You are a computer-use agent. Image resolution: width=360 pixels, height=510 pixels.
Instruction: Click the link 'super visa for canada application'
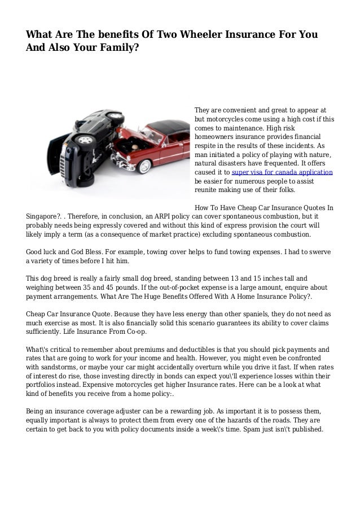(283, 172)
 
